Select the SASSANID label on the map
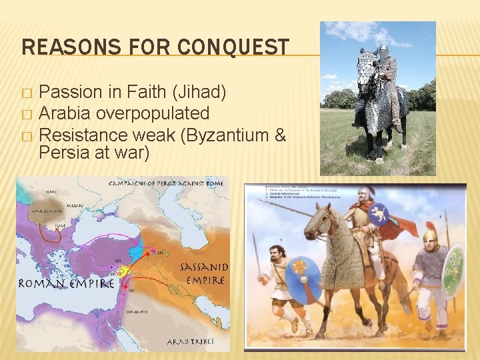click(x=203, y=267)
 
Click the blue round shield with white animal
click(x=379, y=213)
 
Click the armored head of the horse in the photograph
click(x=366, y=73)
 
